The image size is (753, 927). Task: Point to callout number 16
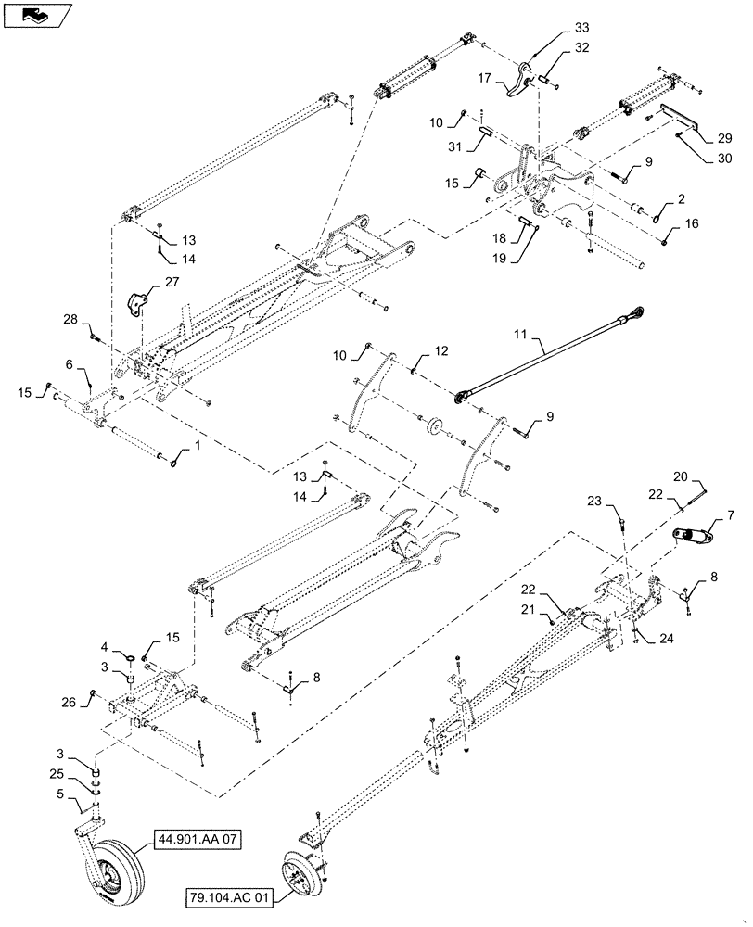(x=693, y=223)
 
